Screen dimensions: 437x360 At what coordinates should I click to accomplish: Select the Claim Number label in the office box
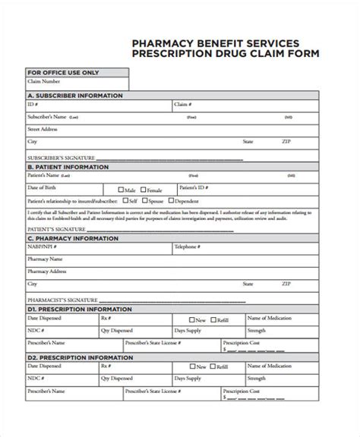tap(43, 82)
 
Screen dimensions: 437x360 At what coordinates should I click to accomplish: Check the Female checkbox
tap(143, 190)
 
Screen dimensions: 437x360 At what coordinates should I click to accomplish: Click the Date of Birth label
tap(42, 187)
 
